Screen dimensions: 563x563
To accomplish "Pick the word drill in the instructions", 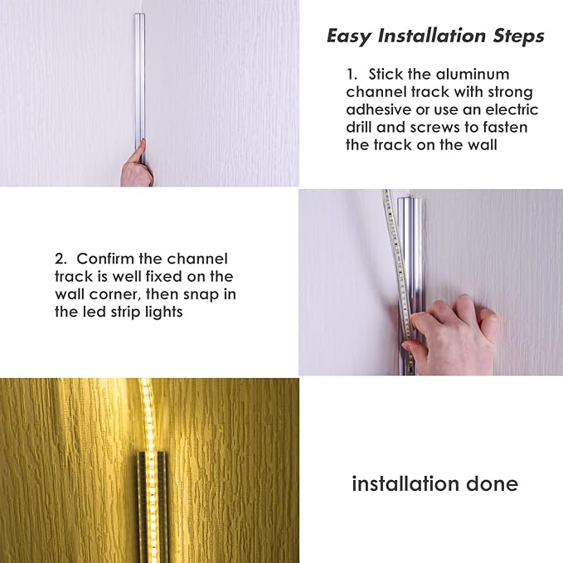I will (362, 127).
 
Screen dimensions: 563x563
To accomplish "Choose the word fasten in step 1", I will (502, 127).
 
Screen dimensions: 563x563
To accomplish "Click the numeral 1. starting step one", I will (352, 74).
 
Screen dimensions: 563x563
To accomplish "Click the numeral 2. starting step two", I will (61, 259).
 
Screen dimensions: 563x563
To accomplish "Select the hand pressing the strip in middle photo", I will (452, 328).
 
